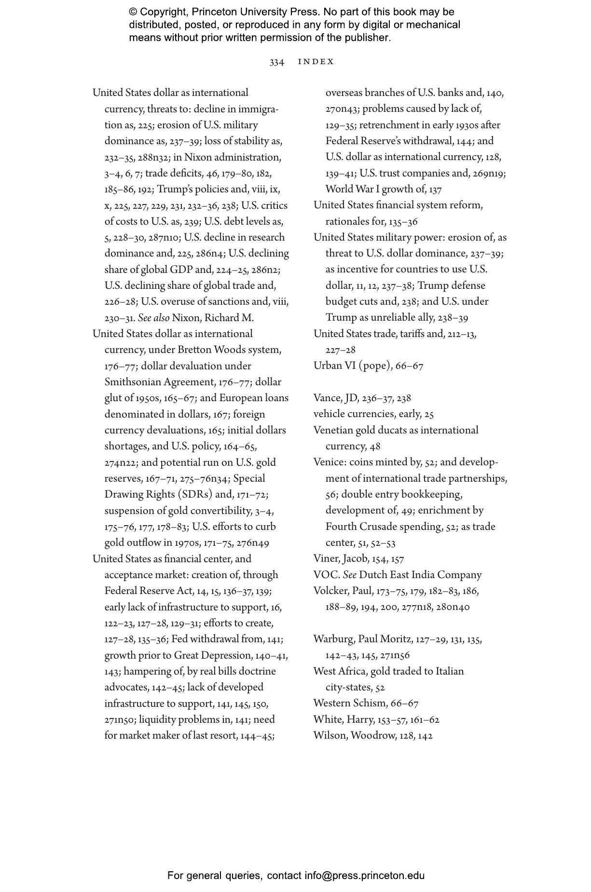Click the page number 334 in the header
276,62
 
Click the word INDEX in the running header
316,62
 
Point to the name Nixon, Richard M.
213,318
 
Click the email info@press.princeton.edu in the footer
364,876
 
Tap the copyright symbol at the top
133,12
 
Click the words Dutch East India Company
420,575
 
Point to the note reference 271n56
394,655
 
